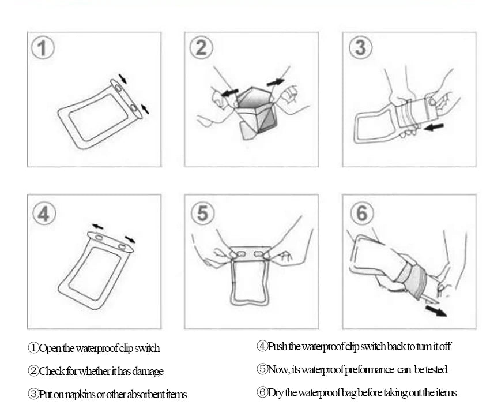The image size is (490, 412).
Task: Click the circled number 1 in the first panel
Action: click(43, 48)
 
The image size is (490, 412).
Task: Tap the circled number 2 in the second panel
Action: click(201, 47)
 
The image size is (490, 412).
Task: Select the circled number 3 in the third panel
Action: click(360, 47)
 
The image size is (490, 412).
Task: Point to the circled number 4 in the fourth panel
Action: click(44, 214)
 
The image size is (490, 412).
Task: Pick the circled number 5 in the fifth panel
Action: click(203, 213)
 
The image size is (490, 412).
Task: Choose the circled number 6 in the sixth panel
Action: click(362, 213)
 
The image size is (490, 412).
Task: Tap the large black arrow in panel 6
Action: click(436, 311)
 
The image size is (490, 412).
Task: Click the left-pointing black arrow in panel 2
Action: click(229, 92)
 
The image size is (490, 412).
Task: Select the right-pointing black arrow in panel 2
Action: click(276, 82)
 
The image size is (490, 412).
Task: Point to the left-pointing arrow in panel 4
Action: click(97, 226)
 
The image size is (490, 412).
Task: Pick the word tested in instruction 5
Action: click(436, 369)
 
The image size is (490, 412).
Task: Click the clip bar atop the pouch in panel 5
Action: click(250, 253)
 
